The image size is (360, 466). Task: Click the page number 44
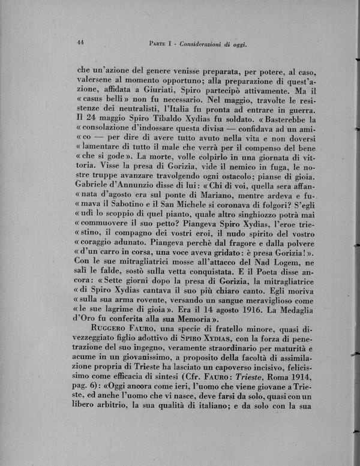tap(81, 41)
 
